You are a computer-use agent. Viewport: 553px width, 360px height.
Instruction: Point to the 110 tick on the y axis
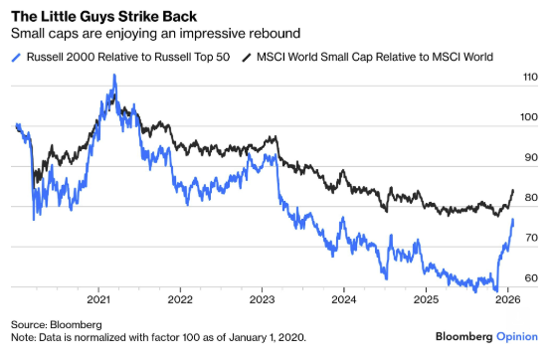pyautogui.click(x=531, y=77)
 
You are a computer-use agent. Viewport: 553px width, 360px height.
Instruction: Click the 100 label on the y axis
pyautogui.click(x=531, y=117)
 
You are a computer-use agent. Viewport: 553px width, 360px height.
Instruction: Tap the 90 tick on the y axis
pyautogui.click(x=531, y=157)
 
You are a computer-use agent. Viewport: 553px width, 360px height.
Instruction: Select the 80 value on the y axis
pyautogui.click(x=531, y=198)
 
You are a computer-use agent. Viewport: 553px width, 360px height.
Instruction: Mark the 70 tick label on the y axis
pyautogui.click(x=531, y=238)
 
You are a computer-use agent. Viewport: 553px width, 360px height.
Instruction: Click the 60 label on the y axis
pyautogui.click(x=531, y=278)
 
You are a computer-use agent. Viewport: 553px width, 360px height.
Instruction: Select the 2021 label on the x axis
pyautogui.click(x=98, y=298)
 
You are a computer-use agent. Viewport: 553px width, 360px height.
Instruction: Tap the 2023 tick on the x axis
pyautogui.click(x=262, y=298)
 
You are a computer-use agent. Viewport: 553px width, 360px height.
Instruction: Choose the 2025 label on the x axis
pyautogui.click(x=425, y=298)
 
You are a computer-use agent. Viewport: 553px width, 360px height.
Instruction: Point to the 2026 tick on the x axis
pyautogui.click(x=505, y=298)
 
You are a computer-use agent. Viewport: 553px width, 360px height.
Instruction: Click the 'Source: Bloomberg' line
pyautogui.click(x=57, y=324)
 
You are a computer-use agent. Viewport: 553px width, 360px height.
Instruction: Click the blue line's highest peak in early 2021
pyautogui.click(x=113, y=76)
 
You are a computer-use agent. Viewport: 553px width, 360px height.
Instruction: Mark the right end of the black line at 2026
pyautogui.click(x=512, y=190)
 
